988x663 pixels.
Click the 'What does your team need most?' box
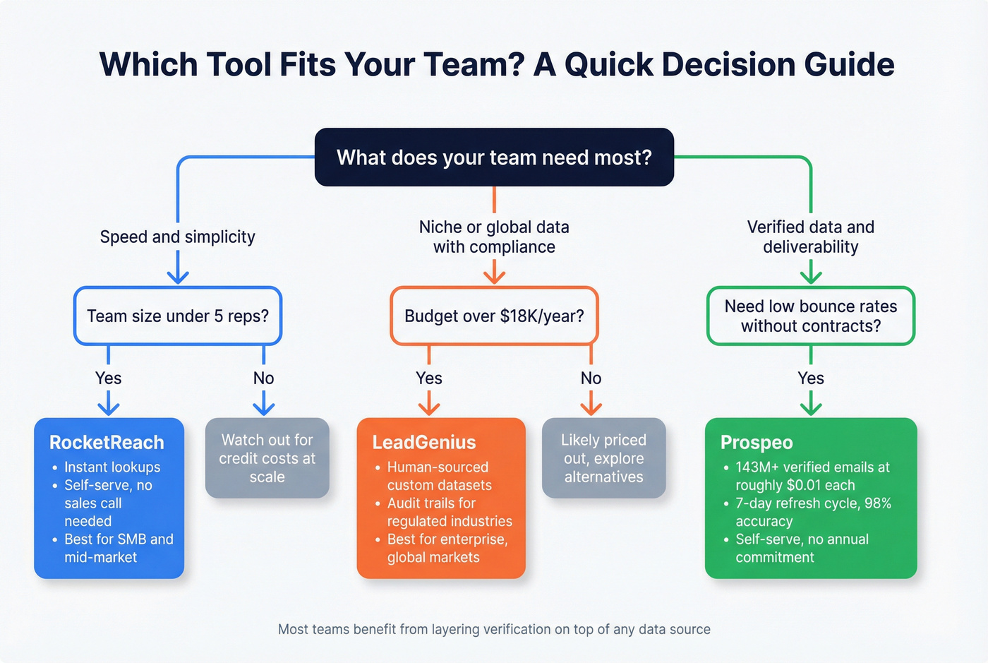(x=494, y=157)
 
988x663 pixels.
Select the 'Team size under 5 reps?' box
(x=178, y=316)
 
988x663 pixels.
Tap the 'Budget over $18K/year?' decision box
(x=494, y=316)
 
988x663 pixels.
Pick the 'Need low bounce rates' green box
(x=811, y=316)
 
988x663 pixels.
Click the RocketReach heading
(x=107, y=443)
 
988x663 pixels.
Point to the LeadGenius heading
(x=424, y=443)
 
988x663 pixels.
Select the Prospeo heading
(x=757, y=443)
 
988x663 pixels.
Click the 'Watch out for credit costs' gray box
(x=267, y=458)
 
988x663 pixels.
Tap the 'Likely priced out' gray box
(x=603, y=458)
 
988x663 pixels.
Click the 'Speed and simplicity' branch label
(x=178, y=237)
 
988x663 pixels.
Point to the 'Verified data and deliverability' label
(x=811, y=237)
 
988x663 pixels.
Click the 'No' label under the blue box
(x=263, y=378)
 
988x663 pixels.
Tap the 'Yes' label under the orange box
(x=429, y=378)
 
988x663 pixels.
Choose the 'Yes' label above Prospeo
(x=811, y=378)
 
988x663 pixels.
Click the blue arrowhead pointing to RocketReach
(x=108, y=408)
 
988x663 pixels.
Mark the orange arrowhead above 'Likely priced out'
(x=591, y=408)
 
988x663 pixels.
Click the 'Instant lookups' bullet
(x=112, y=467)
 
